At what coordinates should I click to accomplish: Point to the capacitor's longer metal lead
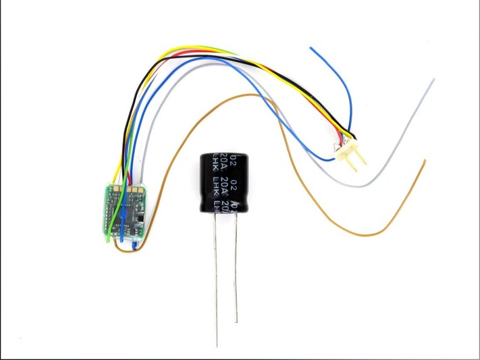click(216, 284)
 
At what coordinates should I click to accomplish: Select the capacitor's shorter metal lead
click(236, 270)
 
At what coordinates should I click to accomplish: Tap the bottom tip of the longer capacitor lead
click(217, 345)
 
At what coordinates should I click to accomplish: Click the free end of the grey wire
click(432, 80)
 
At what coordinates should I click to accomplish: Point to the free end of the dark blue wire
click(311, 49)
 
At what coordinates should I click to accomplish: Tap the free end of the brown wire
click(424, 161)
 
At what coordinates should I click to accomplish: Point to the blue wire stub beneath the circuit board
click(134, 245)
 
